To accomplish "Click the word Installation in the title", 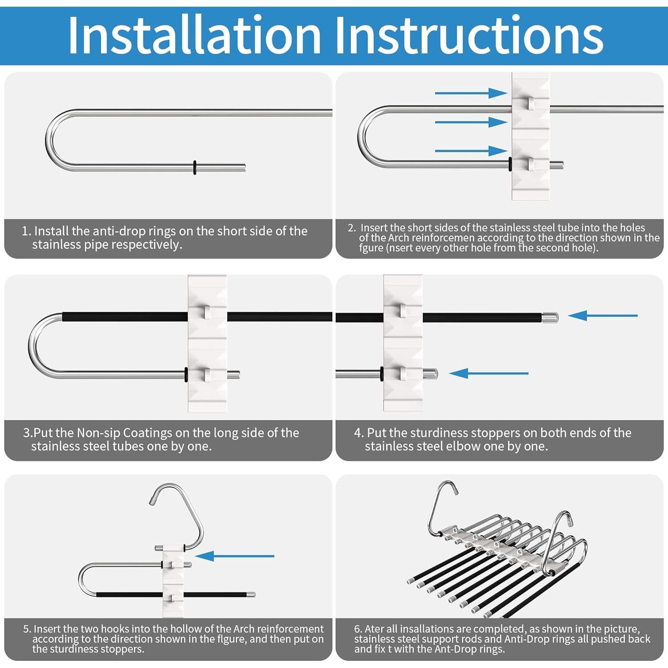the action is point(195,35).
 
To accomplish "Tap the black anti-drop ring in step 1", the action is point(195,167).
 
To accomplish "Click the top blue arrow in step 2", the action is point(471,93).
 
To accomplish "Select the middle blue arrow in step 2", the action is point(471,122).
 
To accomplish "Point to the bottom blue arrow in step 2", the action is point(471,151).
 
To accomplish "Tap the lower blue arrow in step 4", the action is point(489,373).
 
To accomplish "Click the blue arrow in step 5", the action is point(235,556).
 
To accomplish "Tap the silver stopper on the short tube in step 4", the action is point(430,374).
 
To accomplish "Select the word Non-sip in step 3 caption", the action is point(98,433).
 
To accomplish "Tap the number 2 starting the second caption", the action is point(352,228).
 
